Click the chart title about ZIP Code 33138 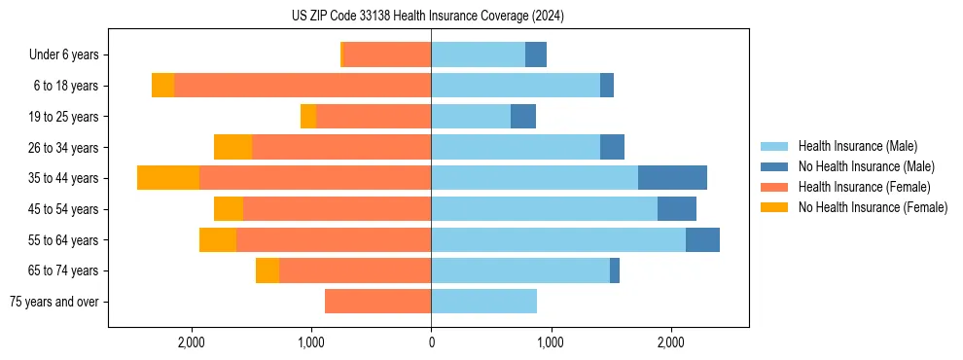[x=428, y=16]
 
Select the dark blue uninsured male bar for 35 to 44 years [x=672, y=178]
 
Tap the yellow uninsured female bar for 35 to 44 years [x=168, y=178]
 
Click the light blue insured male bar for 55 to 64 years [x=558, y=239]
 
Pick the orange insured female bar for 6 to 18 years [x=303, y=86]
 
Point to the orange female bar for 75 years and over [x=377, y=302]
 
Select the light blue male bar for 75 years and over [x=483, y=302]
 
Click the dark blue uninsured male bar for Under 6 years [x=536, y=54]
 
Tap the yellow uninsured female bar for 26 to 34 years [x=232, y=147]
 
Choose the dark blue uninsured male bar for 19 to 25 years [x=523, y=117]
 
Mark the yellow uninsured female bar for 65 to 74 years [x=267, y=270]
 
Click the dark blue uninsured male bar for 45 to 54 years [x=677, y=209]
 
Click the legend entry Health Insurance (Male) [x=857, y=146]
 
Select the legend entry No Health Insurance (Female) [x=873, y=207]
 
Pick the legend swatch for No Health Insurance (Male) [x=774, y=166]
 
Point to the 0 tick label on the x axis [x=431, y=342]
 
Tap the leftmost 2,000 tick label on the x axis [x=192, y=342]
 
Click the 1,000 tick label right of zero [x=551, y=342]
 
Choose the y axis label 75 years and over [x=54, y=302]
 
